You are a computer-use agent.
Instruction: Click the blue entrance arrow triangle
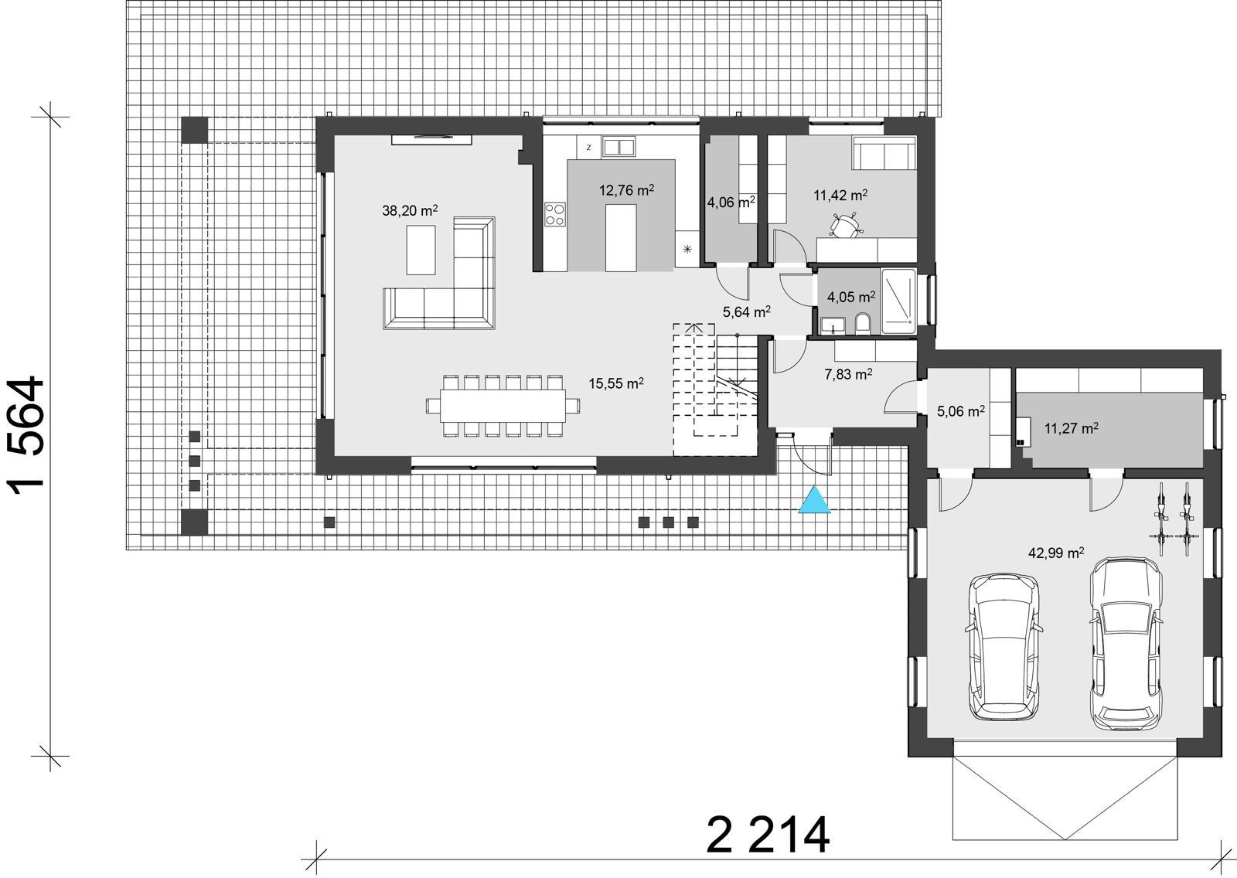pyautogui.click(x=815, y=502)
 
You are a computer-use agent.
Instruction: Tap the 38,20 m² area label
pyautogui.click(x=410, y=210)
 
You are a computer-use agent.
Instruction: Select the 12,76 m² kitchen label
pyautogui.click(x=627, y=190)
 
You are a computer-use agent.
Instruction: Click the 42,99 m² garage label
pyautogui.click(x=1055, y=553)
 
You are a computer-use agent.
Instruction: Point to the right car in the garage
pyautogui.click(x=1126, y=643)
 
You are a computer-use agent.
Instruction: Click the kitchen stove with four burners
pyautogui.click(x=554, y=214)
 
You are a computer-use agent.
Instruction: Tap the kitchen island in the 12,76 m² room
pyautogui.click(x=621, y=237)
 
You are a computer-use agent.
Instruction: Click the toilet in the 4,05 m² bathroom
pyautogui.click(x=863, y=323)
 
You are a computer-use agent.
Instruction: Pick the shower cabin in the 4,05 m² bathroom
pyautogui.click(x=898, y=301)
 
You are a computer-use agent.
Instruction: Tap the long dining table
pyautogui.click(x=503, y=405)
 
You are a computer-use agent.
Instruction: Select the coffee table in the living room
pyautogui.click(x=421, y=249)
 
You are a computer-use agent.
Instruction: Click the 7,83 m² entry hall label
pyautogui.click(x=848, y=374)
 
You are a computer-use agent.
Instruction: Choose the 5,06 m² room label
pyautogui.click(x=960, y=412)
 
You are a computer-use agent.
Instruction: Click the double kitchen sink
pyautogui.click(x=618, y=146)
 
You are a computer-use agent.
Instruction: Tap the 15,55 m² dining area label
pyautogui.click(x=616, y=383)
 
